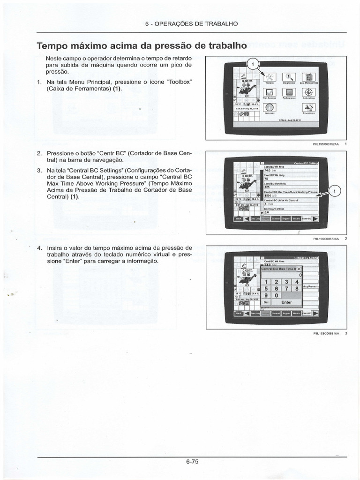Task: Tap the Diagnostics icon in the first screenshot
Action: pyautogui.click(x=289, y=77)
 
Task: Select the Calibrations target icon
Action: pyautogui.click(x=308, y=92)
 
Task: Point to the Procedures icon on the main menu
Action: pyautogui.click(x=308, y=107)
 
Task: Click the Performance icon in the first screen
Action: pyautogui.click(x=289, y=92)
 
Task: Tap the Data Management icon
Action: pyautogui.click(x=308, y=77)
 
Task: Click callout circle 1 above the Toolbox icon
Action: pyautogui.click(x=253, y=64)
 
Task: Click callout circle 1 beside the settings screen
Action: pyautogui.click(x=334, y=191)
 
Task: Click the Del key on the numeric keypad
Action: pyautogui.click(x=266, y=302)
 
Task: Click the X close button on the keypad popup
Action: pyautogui.click(x=299, y=269)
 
